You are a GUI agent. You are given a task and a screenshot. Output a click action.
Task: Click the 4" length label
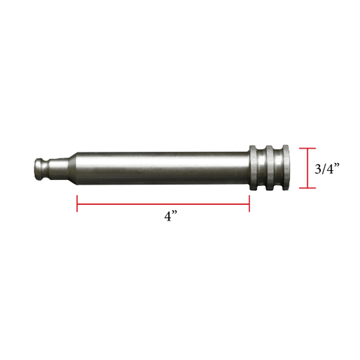[x=172, y=217]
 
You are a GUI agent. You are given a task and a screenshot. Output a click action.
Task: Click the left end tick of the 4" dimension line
[x=78, y=204]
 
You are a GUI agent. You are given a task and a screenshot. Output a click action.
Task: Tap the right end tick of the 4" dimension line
[x=249, y=204]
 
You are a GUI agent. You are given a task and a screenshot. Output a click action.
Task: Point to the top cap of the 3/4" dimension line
[x=308, y=149]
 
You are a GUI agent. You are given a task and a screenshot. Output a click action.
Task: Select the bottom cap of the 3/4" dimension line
[x=308, y=188]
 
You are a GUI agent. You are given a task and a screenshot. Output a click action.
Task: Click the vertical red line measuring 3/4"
[x=308, y=168]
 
